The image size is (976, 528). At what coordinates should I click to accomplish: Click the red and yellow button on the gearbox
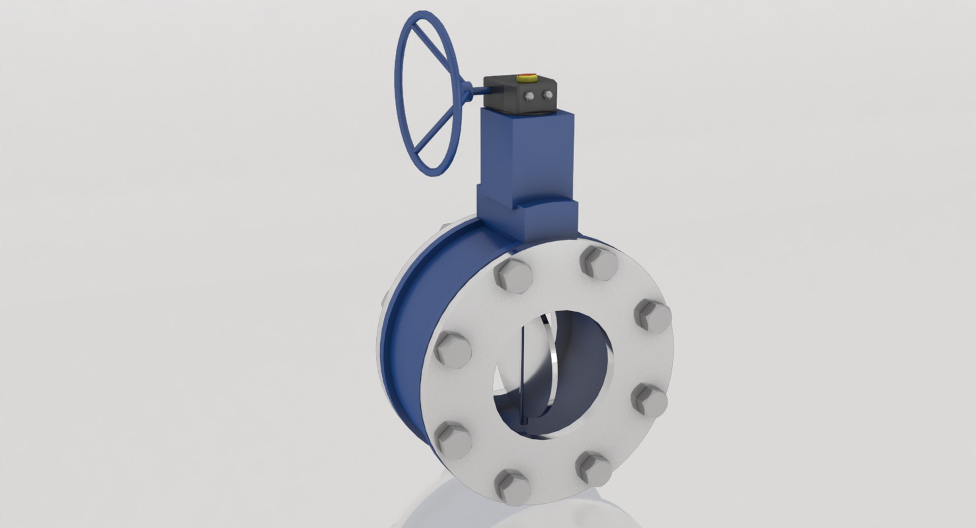(x=525, y=78)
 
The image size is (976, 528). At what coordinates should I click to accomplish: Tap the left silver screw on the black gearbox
(x=530, y=95)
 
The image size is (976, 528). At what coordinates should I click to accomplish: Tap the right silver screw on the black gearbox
(x=547, y=95)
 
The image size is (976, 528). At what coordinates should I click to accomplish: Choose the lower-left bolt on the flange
(x=451, y=438)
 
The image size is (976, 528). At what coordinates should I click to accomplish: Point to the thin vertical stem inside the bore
(x=522, y=376)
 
